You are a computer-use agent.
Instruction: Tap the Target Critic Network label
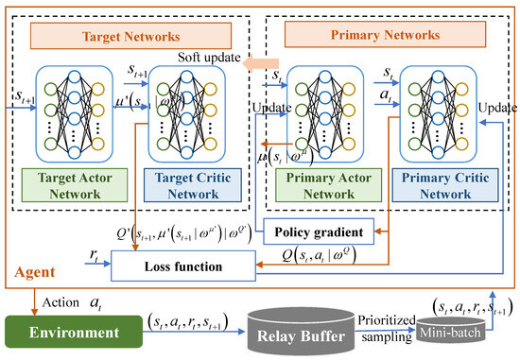pyautogui.click(x=182, y=181)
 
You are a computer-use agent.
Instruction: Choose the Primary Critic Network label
pyautogui.click(x=442, y=181)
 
